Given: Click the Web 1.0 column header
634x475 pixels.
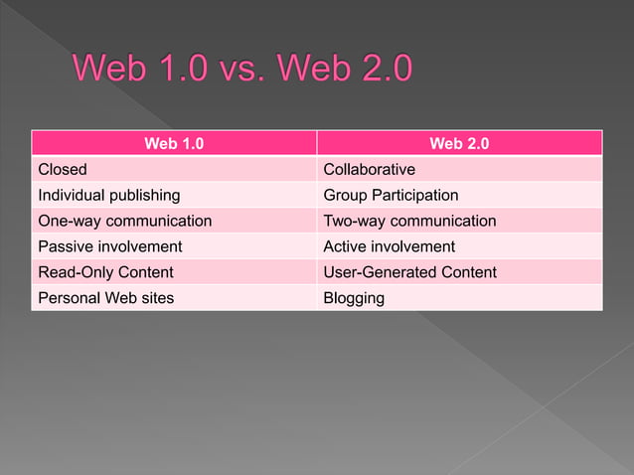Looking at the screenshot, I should (x=174, y=144).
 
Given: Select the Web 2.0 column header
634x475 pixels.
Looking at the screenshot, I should (x=459, y=144).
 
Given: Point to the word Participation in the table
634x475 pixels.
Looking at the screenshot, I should (x=414, y=195).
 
